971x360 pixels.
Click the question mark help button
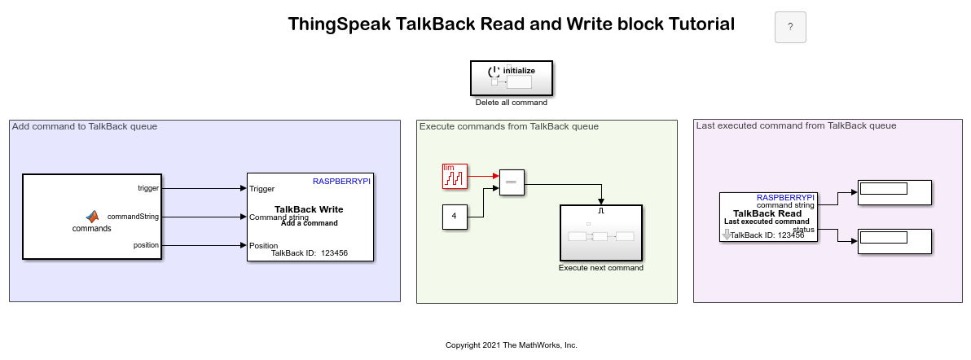pyautogui.click(x=790, y=27)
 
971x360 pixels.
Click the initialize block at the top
pyautogui.click(x=512, y=78)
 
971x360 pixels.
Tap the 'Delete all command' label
pyautogui.click(x=512, y=103)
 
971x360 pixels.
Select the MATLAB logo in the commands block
pyautogui.click(x=92, y=217)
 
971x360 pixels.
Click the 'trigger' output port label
pyautogui.click(x=148, y=188)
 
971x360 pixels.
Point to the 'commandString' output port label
pyautogui.click(x=133, y=217)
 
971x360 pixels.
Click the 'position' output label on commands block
pyautogui.click(x=146, y=245)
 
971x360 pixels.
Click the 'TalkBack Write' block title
pyautogui.click(x=309, y=209)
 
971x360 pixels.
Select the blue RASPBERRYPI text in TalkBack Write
pyautogui.click(x=342, y=182)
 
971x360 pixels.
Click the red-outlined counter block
pyautogui.click(x=455, y=176)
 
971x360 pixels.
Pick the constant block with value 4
pyautogui.click(x=455, y=217)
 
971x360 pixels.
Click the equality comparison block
pyautogui.click(x=512, y=182)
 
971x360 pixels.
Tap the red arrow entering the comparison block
pyautogui.click(x=483, y=176)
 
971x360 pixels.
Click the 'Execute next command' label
pyautogui.click(x=600, y=268)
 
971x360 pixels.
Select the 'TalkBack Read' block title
pyautogui.click(x=767, y=213)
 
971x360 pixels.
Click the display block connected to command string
pyautogui.click(x=894, y=192)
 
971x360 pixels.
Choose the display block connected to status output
pyautogui.click(x=894, y=241)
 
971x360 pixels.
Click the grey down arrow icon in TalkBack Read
pyautogui.click(x=727, y=235)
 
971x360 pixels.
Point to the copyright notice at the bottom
pyautogui.click(x=512, y=345)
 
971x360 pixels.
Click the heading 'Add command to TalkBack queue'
pyautogui.click(x=85, y=126)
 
